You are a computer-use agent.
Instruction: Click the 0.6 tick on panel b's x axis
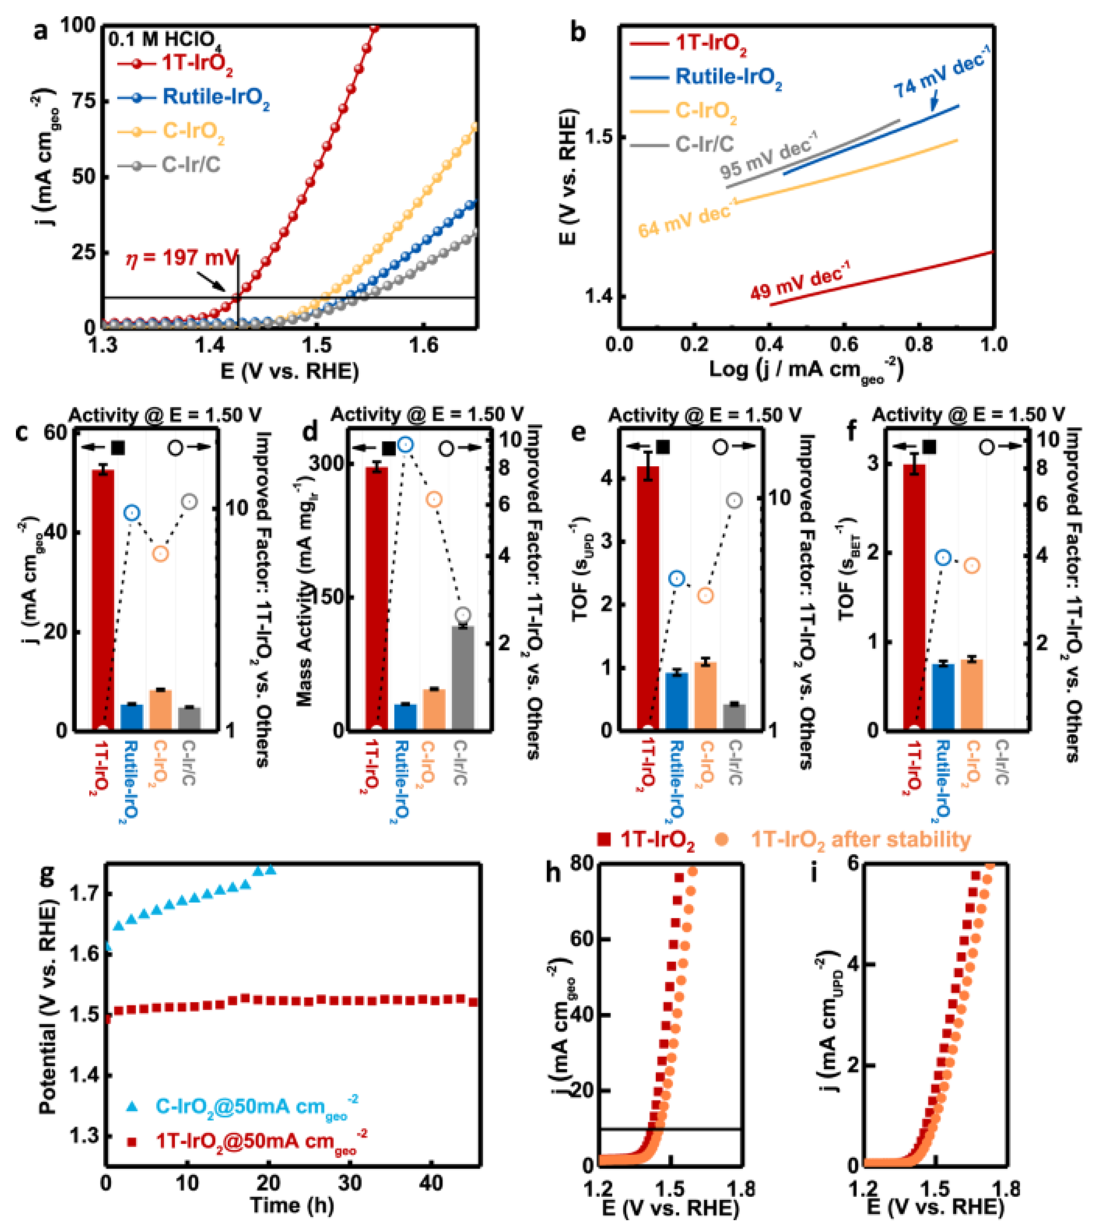(x=843, y=344)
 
